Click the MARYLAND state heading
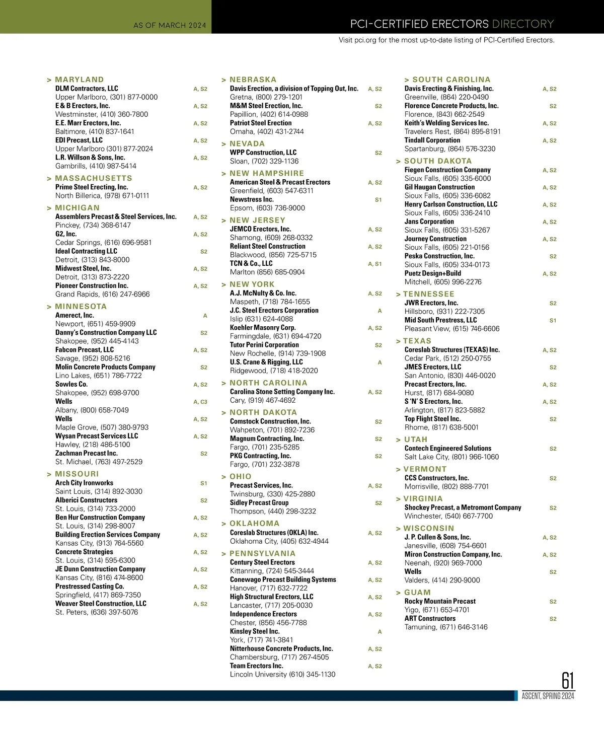point(79,80)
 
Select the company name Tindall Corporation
point(432,140)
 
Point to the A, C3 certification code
point(200,402)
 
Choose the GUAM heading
point(417,593)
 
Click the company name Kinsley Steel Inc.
point(254,631)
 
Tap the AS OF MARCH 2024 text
point(170,25)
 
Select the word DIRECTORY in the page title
point(523,24)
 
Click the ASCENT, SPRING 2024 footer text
point(548,696)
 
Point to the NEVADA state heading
point(247,144)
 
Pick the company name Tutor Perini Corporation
point(264,345)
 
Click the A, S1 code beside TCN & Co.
point(374,264)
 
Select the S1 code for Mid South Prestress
point(553,320)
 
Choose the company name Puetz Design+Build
point(432,273)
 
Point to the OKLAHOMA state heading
point(254,524)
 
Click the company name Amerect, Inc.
point(74,316)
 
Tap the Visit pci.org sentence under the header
point(446,40)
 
